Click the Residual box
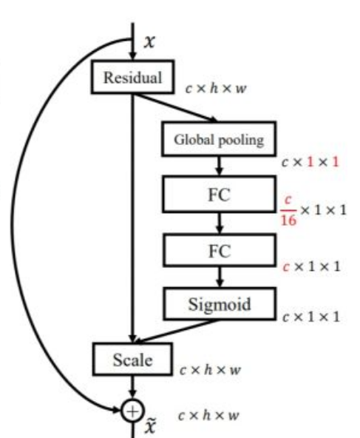coord(133,78)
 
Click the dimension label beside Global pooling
coord(310,161)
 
